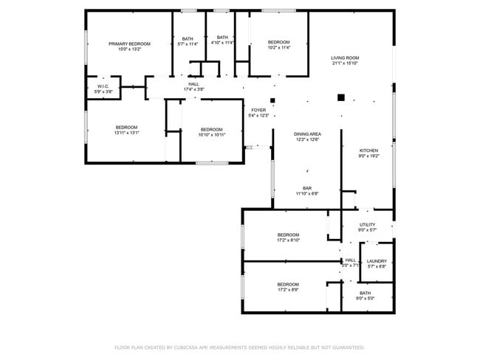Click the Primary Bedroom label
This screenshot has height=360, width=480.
click(x=129, y=44)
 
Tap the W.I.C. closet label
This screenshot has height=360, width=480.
click(x=103, y=86)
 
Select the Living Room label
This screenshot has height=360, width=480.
click(x=345, y=58)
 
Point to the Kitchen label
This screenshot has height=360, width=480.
click(x=368, y=150)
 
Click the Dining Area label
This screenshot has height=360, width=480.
click(x=307, y=134)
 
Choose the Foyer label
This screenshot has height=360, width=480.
click(x=258, y=110)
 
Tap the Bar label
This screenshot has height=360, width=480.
click(x=306, y=188)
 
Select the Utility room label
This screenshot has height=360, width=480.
click(x=367, y=224)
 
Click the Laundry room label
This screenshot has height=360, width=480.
click(x=377, y=260)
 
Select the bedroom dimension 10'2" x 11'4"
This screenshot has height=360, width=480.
click(x=278, y=48)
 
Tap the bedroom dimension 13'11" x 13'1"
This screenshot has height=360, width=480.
click(x=126, y=134)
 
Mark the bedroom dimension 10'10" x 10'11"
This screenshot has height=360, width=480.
click(x=211, y=134)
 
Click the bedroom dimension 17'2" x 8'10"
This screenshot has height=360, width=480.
click(x=288, y=240)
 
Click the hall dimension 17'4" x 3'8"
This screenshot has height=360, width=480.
click(x=193, y=89)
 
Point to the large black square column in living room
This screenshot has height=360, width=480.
click(x=341, y=97)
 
